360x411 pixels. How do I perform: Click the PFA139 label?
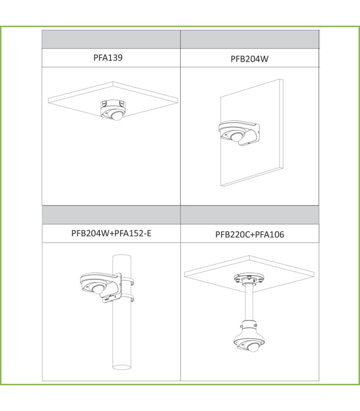pyautogui.click(x=108, y=58)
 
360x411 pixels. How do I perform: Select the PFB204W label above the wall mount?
pyautogui.click(x=249, y=59)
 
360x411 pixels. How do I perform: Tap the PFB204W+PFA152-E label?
pyautogui.click(x=111, y=233)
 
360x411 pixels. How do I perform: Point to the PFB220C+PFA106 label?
pyautogui.click(x=249, y=234)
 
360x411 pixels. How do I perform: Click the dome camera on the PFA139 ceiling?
pyautogui.click(x=112, y=110)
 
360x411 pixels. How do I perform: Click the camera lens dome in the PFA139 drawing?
pyautogui.click(x=117, y=116)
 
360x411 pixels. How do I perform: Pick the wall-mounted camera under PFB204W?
pyautogui.click(x=239, y=133)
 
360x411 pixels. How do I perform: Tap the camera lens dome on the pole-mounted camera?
pyautogui.click(x=98, y=289)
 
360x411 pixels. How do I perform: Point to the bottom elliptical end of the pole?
pyautogui.click(x=122, y=367)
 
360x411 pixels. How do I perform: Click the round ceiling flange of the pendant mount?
pyautogui.click(x=249, y=278)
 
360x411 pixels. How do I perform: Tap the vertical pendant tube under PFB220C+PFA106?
pyautogui.click(x=249, y=303)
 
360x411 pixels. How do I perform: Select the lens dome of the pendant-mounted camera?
pyautogui.click(x=254, y=347)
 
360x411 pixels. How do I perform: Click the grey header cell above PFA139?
pyautogui.click(x=111, y=40)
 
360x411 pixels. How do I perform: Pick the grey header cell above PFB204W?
pyautogui.click(x=249, y=40)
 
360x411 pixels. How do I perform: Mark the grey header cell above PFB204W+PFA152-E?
pyautogui.click(x=111, y=215)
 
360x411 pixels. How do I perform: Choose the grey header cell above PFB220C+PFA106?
pyautogui.click(x=250, y=215)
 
